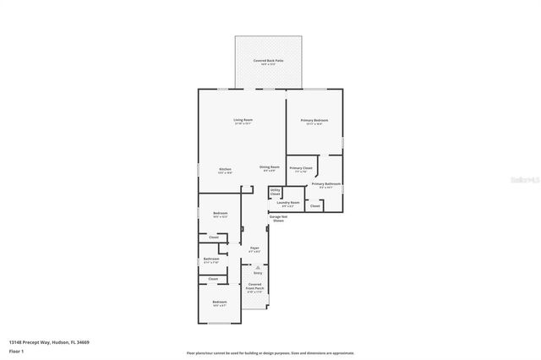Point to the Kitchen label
(225, 171)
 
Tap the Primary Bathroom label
(325, 185)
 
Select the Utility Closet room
(276, 193)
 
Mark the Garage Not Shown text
(276, 219)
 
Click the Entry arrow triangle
(258, 267)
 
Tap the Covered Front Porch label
(254, 288)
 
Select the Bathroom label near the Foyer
(211, 260)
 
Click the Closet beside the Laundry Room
(314, 205)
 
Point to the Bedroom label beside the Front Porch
(219, 303)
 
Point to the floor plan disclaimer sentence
(270, 352)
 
